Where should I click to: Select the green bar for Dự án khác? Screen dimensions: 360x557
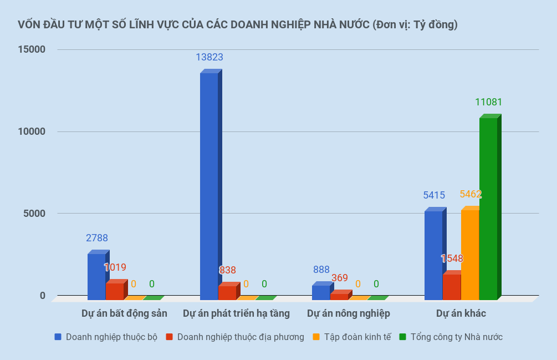tap(488, 208)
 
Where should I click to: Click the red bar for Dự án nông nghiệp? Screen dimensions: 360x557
tap(339, 296)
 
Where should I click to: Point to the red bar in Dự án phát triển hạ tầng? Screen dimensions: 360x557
tap(227, 292)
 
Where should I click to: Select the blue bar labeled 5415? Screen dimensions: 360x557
tap(433, 255)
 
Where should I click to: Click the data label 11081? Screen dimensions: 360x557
tap(488, 102)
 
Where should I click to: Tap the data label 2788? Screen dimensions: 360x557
tap(97, 238)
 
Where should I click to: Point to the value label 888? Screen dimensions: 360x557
tap(321, 270)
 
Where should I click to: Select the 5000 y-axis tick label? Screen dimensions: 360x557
tap(35, 214)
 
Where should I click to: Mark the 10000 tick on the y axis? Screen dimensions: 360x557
tap(32, 131)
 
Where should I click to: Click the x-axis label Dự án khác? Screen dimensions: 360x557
tap(461, 313)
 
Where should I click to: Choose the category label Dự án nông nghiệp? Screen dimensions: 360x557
tap(348, 313)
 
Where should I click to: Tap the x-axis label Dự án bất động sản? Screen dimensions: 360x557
tap(124, 313)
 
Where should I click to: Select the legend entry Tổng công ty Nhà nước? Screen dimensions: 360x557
tap(456, 337)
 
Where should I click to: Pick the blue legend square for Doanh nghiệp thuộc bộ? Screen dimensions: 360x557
tap(58, 337)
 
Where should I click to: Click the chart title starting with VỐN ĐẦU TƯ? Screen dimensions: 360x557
tap(237, 24)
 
